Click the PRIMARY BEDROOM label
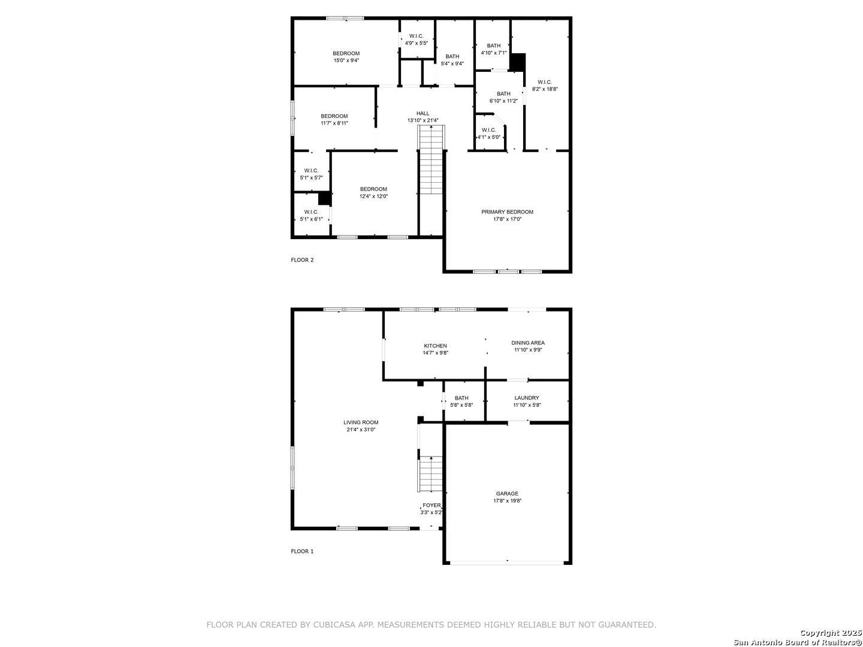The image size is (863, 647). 507,212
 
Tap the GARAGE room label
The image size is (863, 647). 507,494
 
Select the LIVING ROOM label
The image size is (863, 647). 361,422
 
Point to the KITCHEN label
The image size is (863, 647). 435,346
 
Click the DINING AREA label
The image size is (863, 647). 528,343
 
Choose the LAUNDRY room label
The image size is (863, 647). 527,398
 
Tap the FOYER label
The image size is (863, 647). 431,505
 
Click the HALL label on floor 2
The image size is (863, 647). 423,113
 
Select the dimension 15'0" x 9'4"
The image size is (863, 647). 346,61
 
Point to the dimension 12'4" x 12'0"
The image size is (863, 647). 373,196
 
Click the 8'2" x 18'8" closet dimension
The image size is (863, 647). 545,89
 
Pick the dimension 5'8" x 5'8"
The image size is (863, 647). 461,405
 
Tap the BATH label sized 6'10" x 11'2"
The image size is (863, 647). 503,94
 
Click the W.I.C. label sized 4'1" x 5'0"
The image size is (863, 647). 488,130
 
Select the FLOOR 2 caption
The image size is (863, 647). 302,259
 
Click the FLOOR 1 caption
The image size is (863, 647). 302,551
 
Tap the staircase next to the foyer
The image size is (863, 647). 430,474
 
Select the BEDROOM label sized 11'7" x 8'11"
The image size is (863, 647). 334,116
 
